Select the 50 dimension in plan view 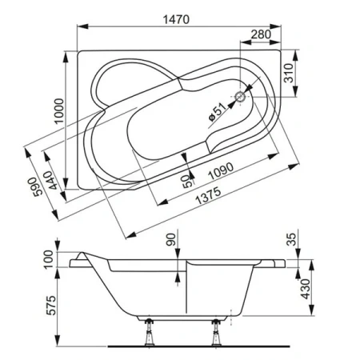pyautogui.click(x=184, y=181)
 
